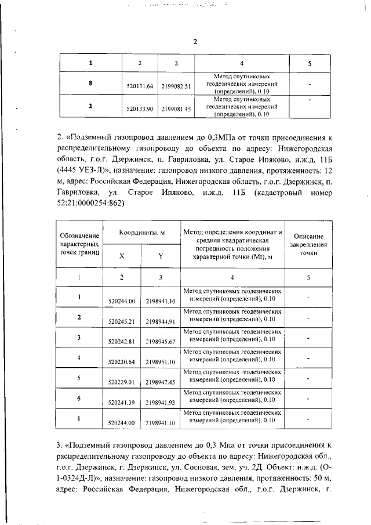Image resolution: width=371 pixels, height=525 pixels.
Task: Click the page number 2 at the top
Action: tap(195, 42)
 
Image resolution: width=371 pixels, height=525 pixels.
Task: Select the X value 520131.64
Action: tap(140, 86)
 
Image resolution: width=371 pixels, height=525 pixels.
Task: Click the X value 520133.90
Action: tap(140, 108)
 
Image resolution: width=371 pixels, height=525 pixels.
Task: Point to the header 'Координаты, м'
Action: tap(142, 232)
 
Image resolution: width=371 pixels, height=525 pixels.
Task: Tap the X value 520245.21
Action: tap(122, 320)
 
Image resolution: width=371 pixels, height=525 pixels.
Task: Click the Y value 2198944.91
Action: tap(161, 320)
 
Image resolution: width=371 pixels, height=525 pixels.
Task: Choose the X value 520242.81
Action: tap(122, 341)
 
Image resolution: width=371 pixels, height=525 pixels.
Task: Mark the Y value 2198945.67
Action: tap(161, 341)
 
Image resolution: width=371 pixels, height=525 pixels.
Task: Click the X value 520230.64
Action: tap(122, 361)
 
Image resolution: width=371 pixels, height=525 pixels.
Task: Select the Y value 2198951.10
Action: tap(161, 361)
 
